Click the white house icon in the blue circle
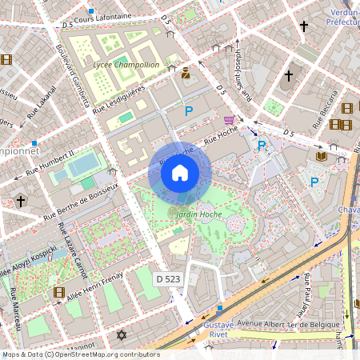pyautogui.click(x=180, y=173)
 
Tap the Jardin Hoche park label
pyautogui.click(x=198, y=214)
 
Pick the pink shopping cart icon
pyautogui.click(x=230, y=120)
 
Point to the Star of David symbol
pyautogui.click(x=122, y=334)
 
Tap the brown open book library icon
pyautogui.click(x=322, y=155)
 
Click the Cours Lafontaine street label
pyautogui.click(x=102, y=17)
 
